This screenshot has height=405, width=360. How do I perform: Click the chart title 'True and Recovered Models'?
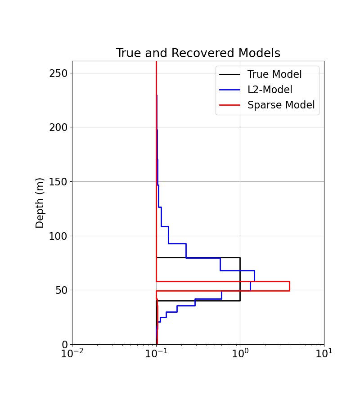pos(198,53)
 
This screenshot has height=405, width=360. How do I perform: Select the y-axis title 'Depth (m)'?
pos(40,202)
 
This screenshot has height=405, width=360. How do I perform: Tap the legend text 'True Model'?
pos(274,75)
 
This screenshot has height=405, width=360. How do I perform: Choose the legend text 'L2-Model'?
pos(270,90)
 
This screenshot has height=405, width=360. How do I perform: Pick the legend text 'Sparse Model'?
pos(281,105)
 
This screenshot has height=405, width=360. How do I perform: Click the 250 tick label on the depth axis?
pos(58,73)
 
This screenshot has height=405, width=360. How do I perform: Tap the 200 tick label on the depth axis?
pos(58,127)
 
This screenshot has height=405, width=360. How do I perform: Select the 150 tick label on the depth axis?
pos(58,182)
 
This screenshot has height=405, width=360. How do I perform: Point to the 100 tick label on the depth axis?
pos(58,236)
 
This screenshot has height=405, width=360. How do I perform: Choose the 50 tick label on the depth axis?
pos(61,290)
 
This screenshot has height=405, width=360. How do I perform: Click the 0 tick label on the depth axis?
pos(64,345)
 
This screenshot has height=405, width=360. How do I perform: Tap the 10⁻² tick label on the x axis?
pos(72,354)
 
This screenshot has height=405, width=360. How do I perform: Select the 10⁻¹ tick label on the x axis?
pos(156,354)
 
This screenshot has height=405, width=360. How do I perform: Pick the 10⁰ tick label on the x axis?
pos(240,354)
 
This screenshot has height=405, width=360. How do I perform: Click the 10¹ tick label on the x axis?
pos(324,354)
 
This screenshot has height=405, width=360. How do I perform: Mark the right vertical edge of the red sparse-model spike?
pos(289,286)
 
